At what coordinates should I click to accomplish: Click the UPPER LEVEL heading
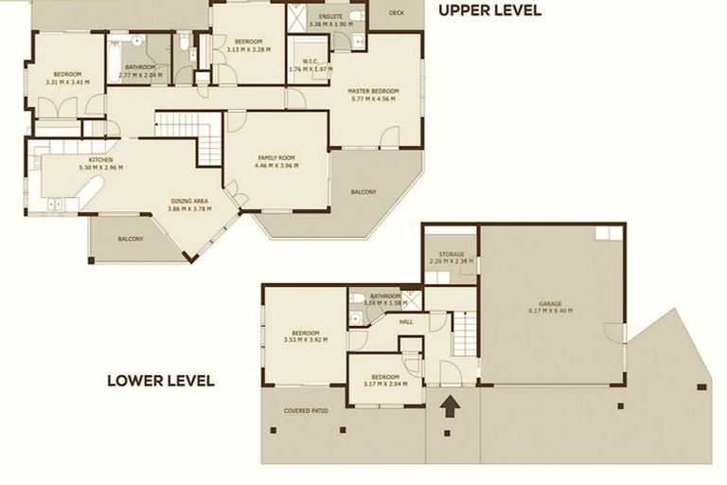click(488, 11)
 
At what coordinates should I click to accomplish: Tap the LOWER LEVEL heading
click(160, 382)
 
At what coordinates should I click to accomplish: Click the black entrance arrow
click(452, 404)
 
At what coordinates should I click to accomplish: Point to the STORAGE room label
click(447, 254)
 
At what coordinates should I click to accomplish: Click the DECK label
click(395, 13)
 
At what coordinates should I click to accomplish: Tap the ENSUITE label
click(331, 17)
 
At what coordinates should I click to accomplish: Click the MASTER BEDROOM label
click(375, 91)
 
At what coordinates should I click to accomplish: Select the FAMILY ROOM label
click(276, 158)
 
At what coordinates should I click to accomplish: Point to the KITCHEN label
click(101, 160)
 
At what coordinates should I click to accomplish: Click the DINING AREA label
click(190, 201)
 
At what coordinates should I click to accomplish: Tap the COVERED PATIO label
click(305, 411)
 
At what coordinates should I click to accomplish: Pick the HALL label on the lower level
click(406, 322)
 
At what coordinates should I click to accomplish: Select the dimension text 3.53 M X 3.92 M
click(304, 339)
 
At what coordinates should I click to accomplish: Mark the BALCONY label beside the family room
click(363, 192)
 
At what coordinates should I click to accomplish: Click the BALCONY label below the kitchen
click(131, 239)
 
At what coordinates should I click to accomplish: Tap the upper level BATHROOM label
click(140, 66)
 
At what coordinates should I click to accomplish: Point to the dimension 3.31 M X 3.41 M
click(67, 81)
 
